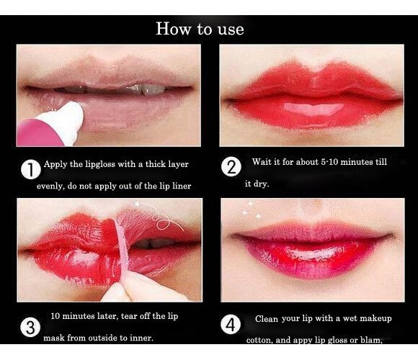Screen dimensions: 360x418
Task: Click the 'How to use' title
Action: coord(200,29)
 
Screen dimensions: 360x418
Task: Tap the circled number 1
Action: coord(30,171)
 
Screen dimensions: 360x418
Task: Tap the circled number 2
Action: coord(231,168)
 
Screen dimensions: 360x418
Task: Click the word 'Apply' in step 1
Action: coord(55,164)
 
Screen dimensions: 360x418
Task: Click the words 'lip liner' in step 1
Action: coord(175,186)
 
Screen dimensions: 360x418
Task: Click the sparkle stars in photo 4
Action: coord(252,210)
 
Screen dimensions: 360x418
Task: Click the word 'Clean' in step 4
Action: coord(267,319)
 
